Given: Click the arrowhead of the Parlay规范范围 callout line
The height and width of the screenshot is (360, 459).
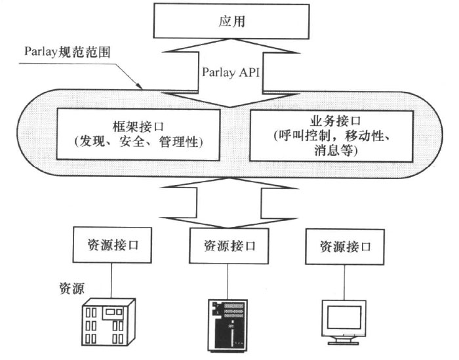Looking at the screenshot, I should click(x=139, y=87).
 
